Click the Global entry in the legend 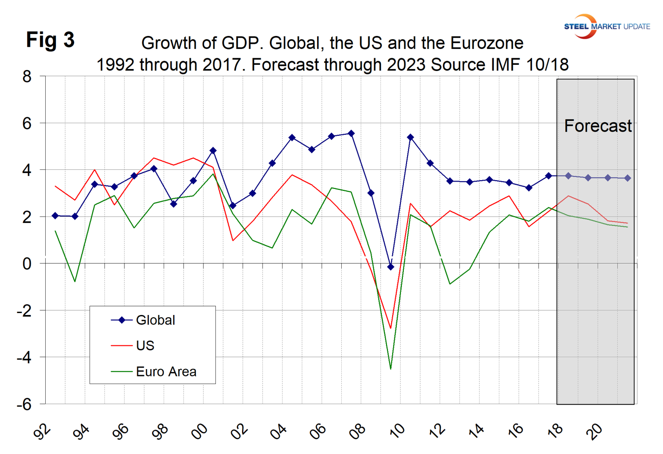click(155, 320)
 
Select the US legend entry click(145, 346)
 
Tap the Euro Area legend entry click(166, 372)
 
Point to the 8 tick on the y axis click(27, 77)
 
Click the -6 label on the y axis click(24, 404)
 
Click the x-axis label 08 click(358, 432)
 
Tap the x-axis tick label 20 click(594, 432)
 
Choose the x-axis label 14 click(476, 432)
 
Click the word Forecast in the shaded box click(598, 126)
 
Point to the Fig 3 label click(50, 40)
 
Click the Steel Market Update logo click(606, 26)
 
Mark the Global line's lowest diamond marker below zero click(391, 267)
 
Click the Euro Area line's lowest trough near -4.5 click(391, 369)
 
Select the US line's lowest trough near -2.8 click(391, 328)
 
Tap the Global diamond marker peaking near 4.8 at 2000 click(213, 151)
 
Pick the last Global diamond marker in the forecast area click(628, 178)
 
